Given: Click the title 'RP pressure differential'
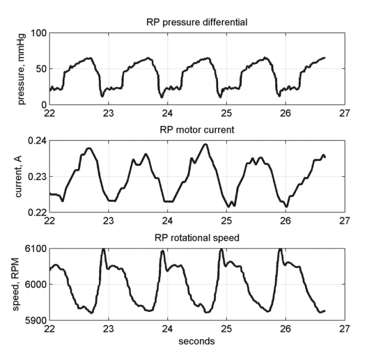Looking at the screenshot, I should point(197,23).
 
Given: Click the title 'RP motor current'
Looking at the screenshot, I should point(197,130).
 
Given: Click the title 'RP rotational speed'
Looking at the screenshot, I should point(197,238).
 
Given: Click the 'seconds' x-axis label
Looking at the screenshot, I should point(197,341).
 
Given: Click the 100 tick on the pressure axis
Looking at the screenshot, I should point(37,33).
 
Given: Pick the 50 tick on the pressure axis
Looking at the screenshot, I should point(40,69).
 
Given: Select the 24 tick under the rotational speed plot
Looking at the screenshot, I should point(168,329).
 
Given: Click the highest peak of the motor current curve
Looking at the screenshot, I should point(206,144).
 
